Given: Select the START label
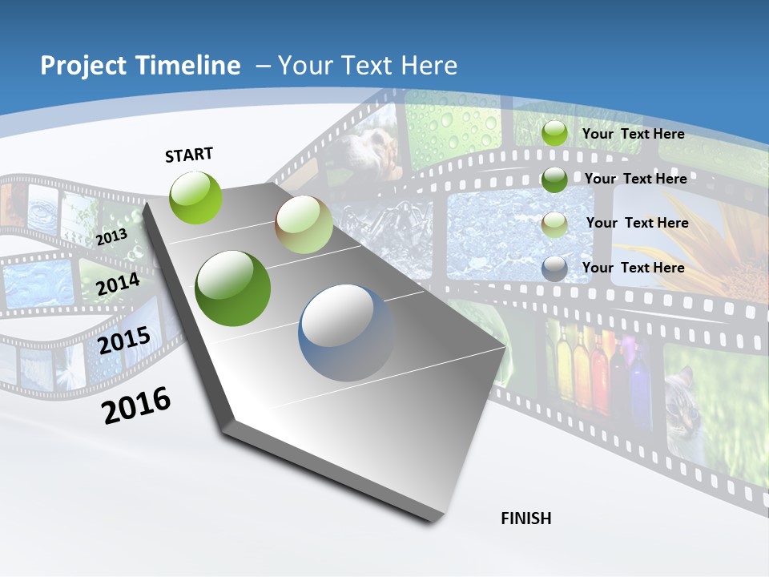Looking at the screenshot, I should click(x=189, y=155).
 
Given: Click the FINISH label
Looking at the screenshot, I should click(x=526, y=518).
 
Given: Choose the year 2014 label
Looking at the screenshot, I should click(x=119, y=284).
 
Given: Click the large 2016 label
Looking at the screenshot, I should click(x=136, y=405).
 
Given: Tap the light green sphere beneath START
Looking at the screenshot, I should click(x=196, y=197).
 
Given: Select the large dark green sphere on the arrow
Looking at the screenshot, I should click(x=233, y=288).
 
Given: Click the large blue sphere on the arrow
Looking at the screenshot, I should click(x=346, y=333).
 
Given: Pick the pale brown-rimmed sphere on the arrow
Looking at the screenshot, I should click(x=304, y=224).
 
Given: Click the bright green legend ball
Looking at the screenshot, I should click(x=554, y=134).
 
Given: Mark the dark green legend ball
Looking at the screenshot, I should click(x=554, y=180).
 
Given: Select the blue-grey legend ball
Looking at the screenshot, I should click(x=554, y=268).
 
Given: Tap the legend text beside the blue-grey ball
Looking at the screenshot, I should click(x=634, y=268).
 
